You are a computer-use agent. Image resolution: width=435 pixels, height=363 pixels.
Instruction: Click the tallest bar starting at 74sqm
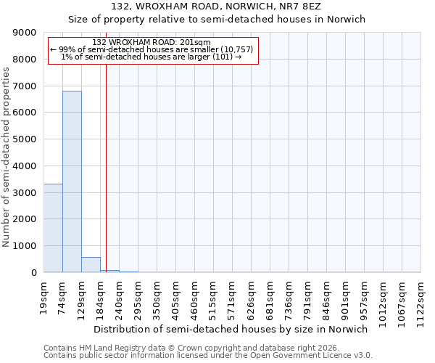[x=72, y=181]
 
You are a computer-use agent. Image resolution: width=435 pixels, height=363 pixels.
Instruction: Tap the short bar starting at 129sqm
[x=91, y=265]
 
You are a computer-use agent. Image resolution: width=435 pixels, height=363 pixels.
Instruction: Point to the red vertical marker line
[x=106, y=167]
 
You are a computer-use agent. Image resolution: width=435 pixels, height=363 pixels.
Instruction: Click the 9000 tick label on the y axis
[x=25, y=33]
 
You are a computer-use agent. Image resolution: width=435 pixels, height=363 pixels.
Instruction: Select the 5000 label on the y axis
[x=25, y=139]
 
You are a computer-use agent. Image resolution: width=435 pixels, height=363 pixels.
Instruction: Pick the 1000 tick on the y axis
[x=25, y=246]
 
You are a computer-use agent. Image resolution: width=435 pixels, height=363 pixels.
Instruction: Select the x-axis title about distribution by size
[x=231, y=329]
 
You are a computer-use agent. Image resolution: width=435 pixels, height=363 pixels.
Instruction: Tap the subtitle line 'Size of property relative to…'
[x=217, y=20]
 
